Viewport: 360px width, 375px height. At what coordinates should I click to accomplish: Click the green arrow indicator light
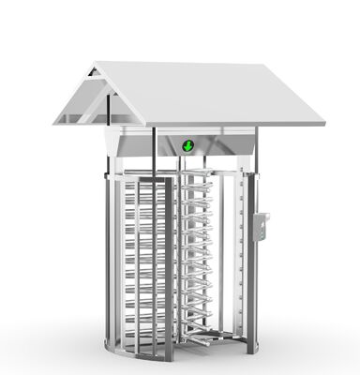click(188, 145)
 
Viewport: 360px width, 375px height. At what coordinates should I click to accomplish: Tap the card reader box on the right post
click(262, 224)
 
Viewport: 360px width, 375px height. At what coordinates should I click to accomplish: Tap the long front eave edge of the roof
click(187, 124)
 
